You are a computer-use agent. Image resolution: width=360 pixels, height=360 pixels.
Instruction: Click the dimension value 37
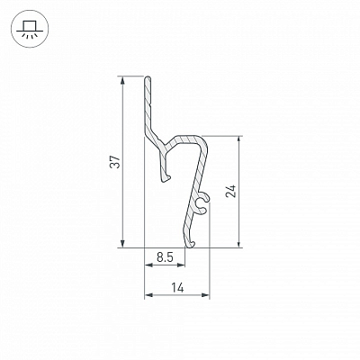(115, 162)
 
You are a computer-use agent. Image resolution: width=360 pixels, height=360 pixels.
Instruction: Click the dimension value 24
(231, 191)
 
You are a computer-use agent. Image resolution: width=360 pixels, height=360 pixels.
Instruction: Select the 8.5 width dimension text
(165, 257)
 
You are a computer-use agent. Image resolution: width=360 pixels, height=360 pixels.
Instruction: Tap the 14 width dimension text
(177, 288)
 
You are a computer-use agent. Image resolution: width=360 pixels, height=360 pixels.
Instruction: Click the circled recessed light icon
(29, 29)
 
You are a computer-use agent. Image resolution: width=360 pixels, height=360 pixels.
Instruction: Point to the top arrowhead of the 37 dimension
(122, 80)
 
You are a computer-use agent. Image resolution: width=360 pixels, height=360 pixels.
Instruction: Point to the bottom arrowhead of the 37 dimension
(122, 244)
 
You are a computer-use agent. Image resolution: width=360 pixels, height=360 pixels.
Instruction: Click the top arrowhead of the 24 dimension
(238, 139)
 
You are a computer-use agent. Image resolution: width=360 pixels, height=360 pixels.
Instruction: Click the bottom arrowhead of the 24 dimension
(238, 244)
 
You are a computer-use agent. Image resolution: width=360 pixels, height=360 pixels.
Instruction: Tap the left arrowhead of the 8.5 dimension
(148, 265)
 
